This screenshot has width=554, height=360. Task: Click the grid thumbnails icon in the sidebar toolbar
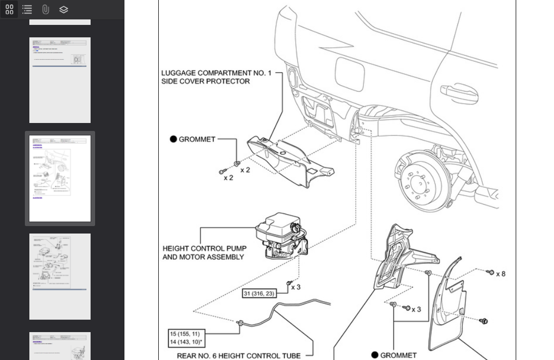pyautogui.click(x=9, y=9)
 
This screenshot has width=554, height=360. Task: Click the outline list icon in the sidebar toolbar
pyautogui.click(x=27, y=9)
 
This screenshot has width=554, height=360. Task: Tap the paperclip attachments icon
pyautogui.click(x=46, y=9)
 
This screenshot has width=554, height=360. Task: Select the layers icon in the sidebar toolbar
pyautogui.click(x=64, y=9)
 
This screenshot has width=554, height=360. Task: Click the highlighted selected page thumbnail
pyautogui.click(x=60, y=178)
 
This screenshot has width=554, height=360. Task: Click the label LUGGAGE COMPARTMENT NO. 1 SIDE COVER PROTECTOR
pyautogui.click(x=216, y=77)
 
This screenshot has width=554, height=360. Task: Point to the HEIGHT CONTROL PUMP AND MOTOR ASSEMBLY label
pyautogui.click(x=204, y=252)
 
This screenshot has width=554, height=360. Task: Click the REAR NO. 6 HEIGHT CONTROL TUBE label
pyautogui.click(x=238, y=356)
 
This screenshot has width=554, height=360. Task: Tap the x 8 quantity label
pyautogui.click(x=500, y=274)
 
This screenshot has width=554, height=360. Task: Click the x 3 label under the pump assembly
pyautogui.click(x=296, y=287)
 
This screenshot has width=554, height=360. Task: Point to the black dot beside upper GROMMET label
pyautogui.click(x=173, y=139)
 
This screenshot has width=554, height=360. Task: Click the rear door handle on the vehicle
pyautogui.click(x=459, y=93)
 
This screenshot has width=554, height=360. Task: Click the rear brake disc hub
pyautogui.click(x=418, y=180)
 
